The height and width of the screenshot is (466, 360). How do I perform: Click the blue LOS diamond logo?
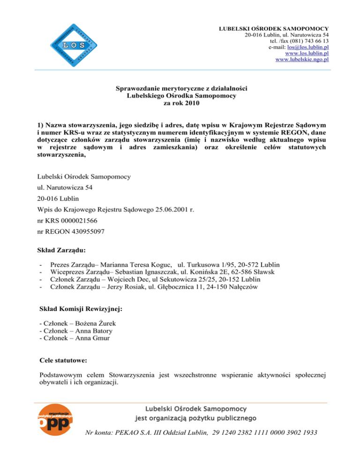(74, 45)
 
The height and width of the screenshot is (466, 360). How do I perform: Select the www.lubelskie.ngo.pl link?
(302, 60)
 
